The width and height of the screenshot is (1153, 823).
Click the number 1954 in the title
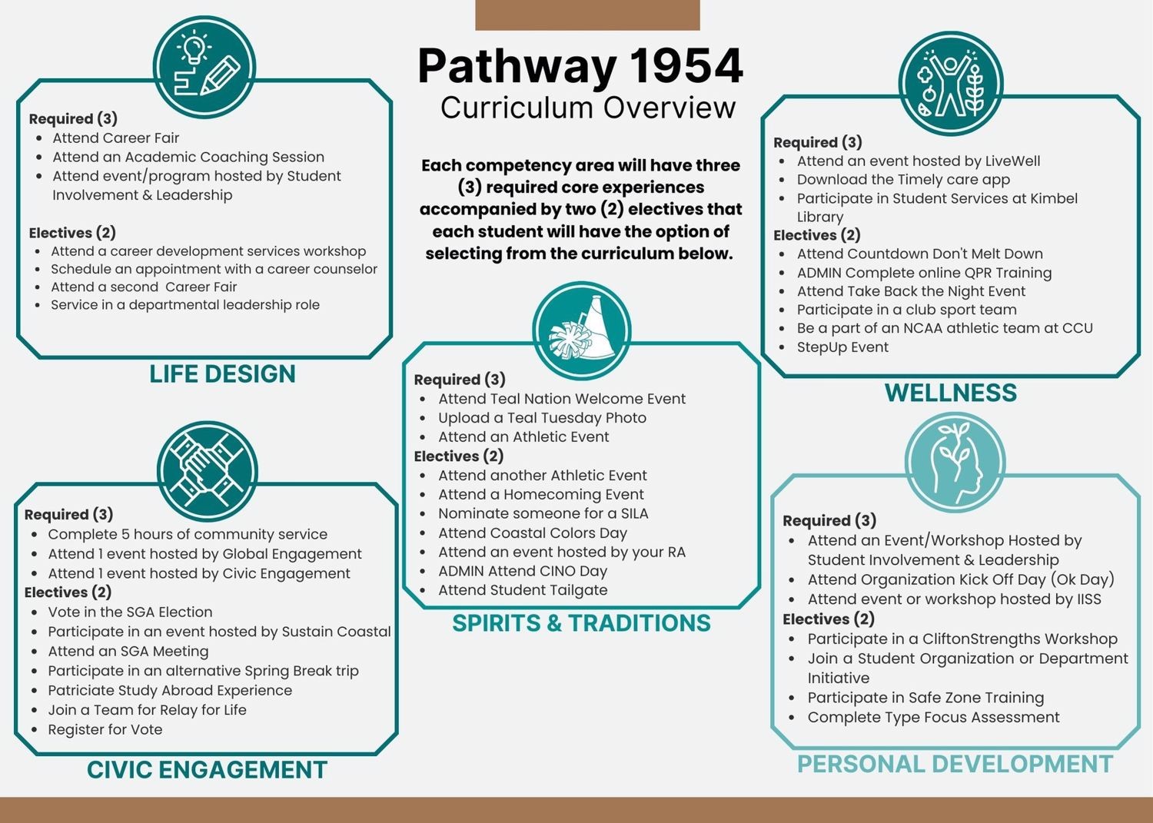[x=686, y=66]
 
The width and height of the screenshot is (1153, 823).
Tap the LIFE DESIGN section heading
[x=222, y=373]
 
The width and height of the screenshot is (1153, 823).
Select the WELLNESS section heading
[x=951, y=393]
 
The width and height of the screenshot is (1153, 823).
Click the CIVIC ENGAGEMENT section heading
[x=207, y=769]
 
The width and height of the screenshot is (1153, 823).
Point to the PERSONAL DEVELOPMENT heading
[x=955, y=764]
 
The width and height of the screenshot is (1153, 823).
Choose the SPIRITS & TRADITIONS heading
[x=581, y=622]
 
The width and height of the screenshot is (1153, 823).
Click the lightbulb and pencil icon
[x=204, y=68]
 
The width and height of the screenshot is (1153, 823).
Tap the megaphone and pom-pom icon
[x=582, y=330]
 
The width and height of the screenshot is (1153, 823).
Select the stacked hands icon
[x=207, y=472]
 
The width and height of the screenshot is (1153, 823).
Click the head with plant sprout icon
[x=955, y=462]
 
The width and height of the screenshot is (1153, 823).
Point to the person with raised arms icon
[x=951, y=84]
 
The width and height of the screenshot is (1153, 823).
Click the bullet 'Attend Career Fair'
[x=116, y=138]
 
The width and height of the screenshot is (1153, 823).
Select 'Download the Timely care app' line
[x=903, y=180]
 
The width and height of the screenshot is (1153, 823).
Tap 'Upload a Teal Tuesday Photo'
[x=542, y=417]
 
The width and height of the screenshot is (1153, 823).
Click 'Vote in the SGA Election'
[x=130, y=612]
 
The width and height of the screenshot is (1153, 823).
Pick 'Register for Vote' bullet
[x=105, y=729]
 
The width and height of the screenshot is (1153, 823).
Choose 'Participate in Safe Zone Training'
[x=925, y=698]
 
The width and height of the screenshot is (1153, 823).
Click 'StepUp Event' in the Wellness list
[x=842, y=347]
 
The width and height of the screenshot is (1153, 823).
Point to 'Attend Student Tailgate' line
[x=523, y=590]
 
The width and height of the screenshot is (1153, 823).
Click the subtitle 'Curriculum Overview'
[x=588, y=108]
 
